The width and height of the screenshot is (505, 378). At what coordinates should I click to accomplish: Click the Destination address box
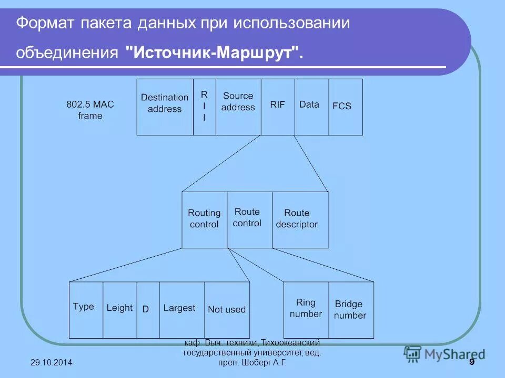[x=165, y=107]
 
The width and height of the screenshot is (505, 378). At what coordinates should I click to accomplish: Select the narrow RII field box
[x=205, y=107]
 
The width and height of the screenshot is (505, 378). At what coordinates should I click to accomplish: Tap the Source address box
[x=238, y=107]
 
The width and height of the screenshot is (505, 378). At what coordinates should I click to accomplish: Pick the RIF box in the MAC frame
[x=278, y=107]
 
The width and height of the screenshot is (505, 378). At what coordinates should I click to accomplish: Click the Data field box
[x=311, y=107]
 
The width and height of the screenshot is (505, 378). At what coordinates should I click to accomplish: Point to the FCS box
[x=346, y=107]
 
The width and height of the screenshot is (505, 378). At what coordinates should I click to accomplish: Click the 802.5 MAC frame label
[x=90, y=110]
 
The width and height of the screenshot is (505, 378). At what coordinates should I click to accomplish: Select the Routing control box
[x=204, y=219]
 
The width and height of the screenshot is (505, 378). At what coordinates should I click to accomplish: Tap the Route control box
[x=249, y=219]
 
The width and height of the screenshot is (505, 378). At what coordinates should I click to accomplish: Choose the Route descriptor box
[x=300, y=219]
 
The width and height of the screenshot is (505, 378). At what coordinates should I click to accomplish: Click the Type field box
[x=86, y=310]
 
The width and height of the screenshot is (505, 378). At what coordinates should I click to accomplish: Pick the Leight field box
[x=119, y=310]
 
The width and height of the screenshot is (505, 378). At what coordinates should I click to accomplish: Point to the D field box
[x=148, y=310]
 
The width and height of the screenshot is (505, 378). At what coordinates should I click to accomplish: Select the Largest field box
[x=181, y=310]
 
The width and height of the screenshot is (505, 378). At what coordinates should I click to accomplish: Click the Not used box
[x=227, y=310]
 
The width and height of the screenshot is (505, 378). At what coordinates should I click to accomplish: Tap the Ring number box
[x=306, y=310]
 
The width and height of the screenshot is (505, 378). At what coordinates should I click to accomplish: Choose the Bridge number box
[x=351, y=310]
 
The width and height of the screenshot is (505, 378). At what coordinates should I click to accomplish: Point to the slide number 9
[x=471, y=363]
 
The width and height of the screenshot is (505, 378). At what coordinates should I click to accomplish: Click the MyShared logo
[x=444, y=354]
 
